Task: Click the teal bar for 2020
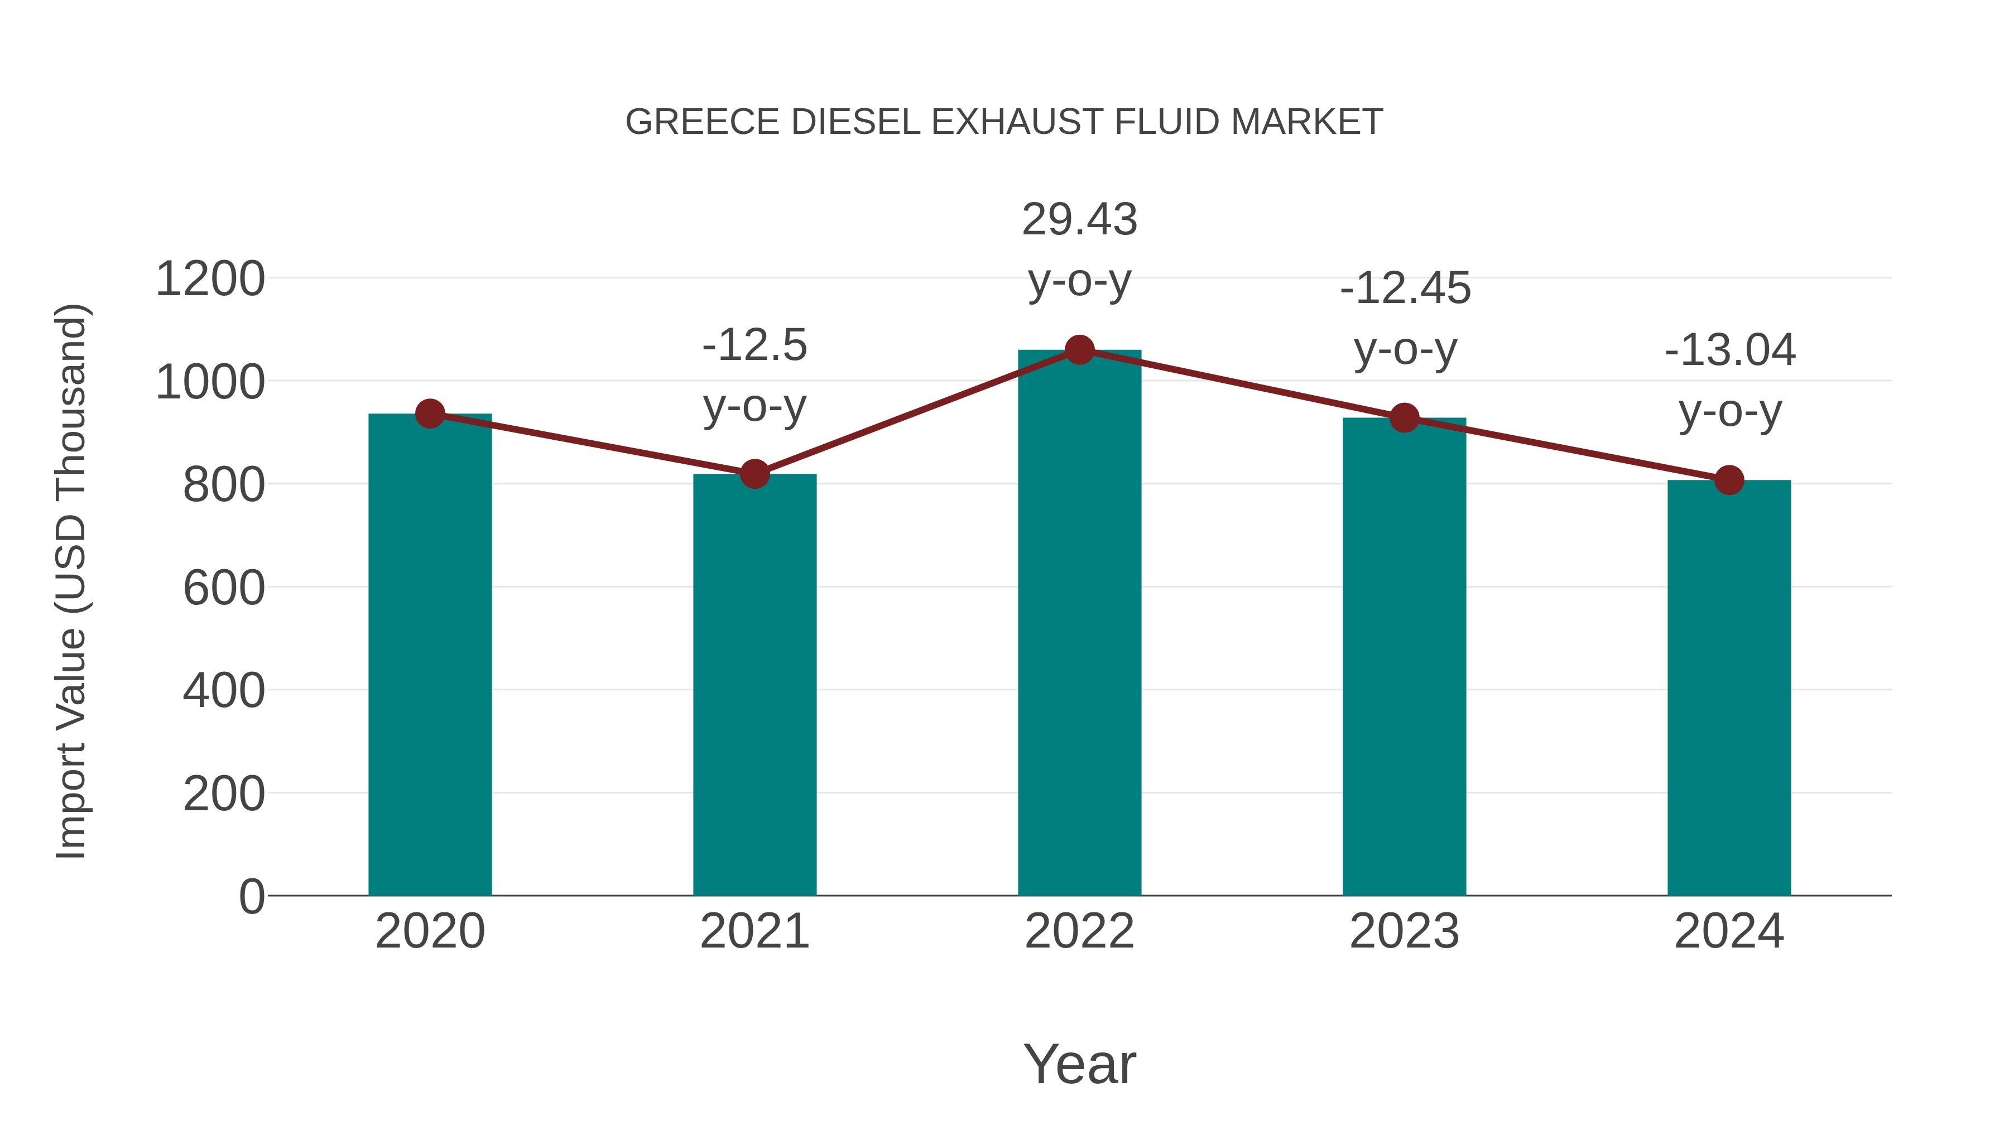coord(430,655)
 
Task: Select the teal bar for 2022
coord(1079,624)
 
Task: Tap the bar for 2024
coord(1729,686)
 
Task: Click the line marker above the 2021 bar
coord(754,473)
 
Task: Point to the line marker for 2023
coord(1404,418)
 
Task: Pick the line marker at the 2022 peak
coord(1079,350)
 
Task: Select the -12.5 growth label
coord(754,345)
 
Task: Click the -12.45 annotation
coord(1405,288)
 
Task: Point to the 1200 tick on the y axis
coord(210,279)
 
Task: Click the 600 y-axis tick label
coord(223,588)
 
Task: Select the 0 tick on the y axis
coord(251,897)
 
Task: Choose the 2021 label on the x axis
coord(754,931)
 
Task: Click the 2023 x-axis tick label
coord(1404,931)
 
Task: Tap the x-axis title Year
coord(1079,1064)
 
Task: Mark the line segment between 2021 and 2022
coord(916,412)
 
